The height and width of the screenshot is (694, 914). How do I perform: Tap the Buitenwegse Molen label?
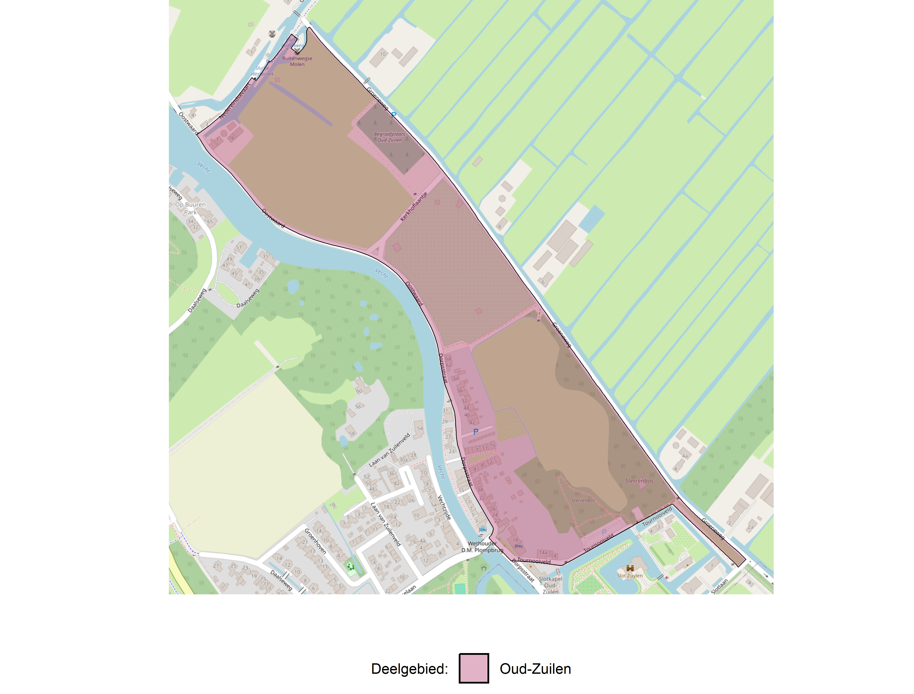pyautogui.click(x=297, y=61)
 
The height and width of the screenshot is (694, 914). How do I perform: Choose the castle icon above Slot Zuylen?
pyautogui.click(x=630, y=568)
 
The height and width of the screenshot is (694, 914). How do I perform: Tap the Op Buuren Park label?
pyautogui.click(x=190, y=208)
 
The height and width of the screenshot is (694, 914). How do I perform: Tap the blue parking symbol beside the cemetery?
pyautogui.click(x=393, y=115)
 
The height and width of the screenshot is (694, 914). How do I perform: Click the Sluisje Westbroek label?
pyautogui.click(x=262, y=71)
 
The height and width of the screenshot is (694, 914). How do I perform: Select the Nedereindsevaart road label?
pyautogui.click(x=235, y=101)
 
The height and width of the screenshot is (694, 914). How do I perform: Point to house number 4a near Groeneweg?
pyautogui.click(x=685, y=456)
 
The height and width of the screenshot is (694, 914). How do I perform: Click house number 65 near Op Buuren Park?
pyautogui.click(x=210, y=221)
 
